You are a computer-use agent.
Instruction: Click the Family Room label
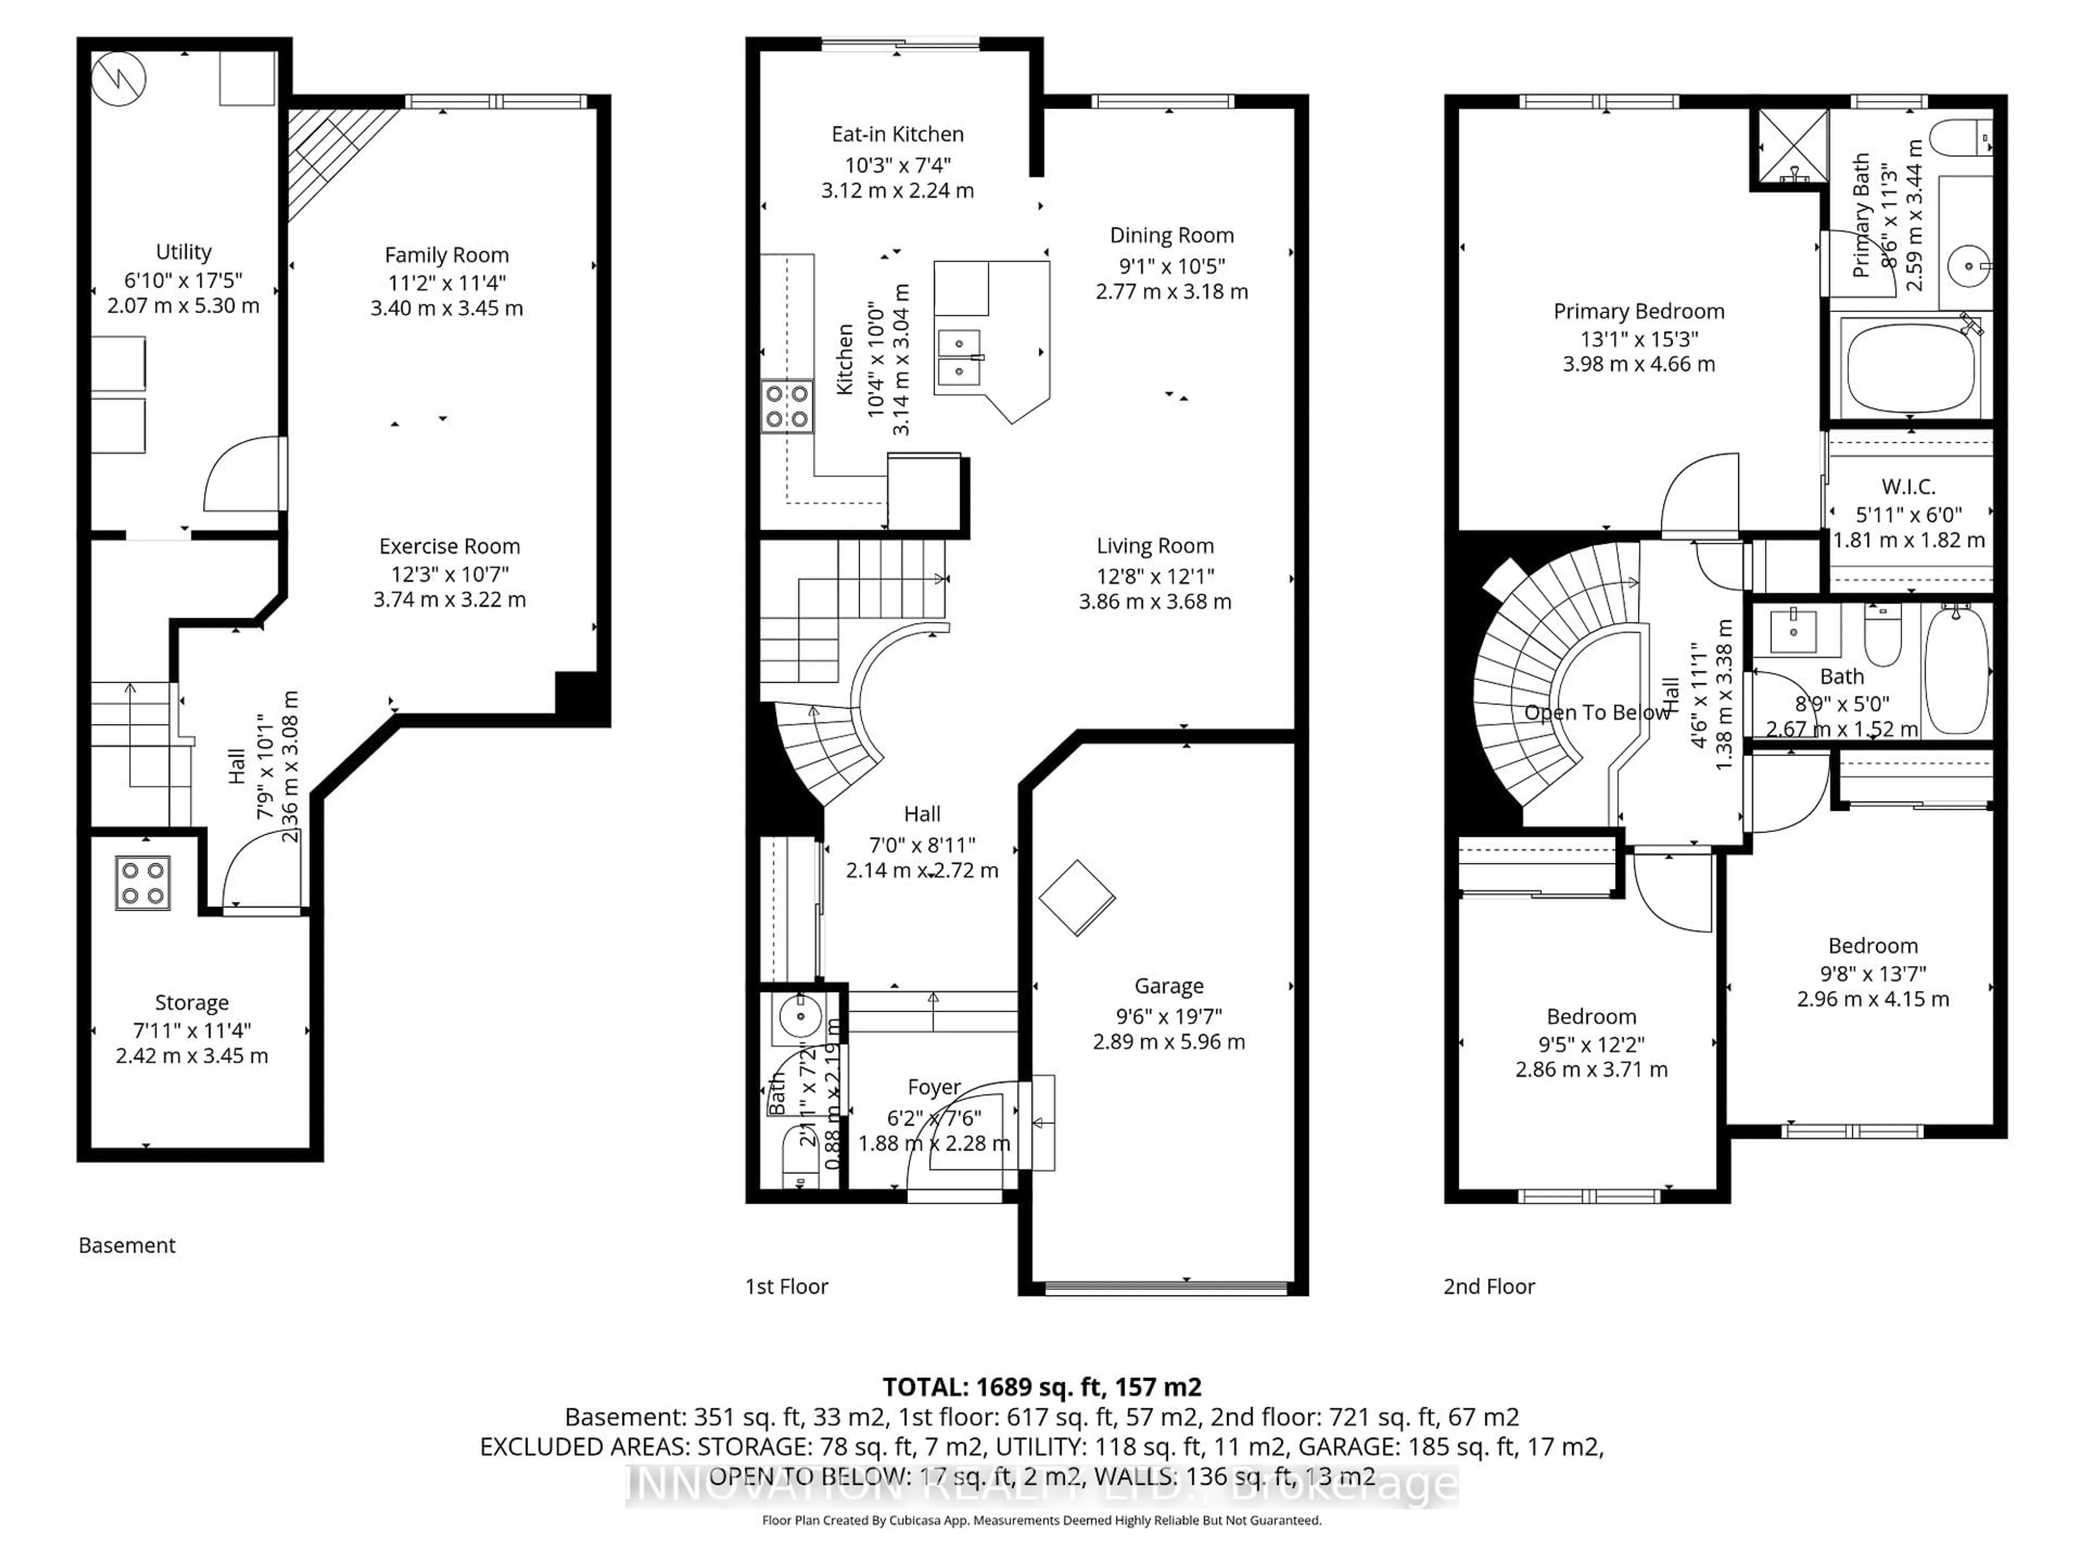(x=447, y=255)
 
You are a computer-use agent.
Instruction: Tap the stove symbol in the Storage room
(x=142, y=883)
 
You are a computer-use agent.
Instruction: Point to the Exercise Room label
(x=449, y=547)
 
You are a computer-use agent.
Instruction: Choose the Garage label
(x=1168, y=987)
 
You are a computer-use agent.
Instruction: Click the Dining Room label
(x=1171, y=236)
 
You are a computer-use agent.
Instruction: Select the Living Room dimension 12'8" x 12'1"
(x=1155, y=576)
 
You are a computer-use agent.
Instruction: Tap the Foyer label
(x=933, y=1087)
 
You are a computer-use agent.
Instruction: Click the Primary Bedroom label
(x=1638, y=312)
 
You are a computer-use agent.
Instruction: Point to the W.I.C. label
(x=1908, y=487)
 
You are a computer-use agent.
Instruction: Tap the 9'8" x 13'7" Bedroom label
(x=1872, y=946)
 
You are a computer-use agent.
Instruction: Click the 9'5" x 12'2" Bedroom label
(x=1591, y=1016)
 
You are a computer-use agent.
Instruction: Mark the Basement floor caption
(x=127, y=1246)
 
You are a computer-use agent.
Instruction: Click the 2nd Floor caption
(x=1489, y=1287)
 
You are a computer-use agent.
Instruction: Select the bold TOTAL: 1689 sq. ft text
(x=1041, y=1387)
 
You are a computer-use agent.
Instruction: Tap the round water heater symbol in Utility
(x=119, y=78)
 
